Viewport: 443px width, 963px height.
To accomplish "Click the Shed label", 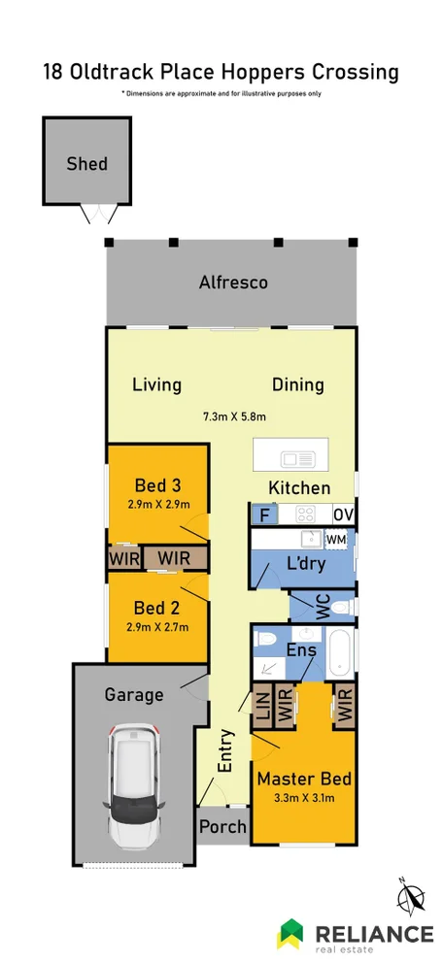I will point(86,164).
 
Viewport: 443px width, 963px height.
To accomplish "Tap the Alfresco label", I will point(233,283).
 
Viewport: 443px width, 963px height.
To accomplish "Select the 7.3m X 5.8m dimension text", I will point(234,416).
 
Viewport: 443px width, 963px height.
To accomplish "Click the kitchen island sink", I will point(291,458).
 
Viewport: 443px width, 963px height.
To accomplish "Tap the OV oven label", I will point(344,515).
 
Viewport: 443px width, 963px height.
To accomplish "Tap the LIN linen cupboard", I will point(262,705).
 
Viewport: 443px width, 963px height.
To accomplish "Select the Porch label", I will point(222,827).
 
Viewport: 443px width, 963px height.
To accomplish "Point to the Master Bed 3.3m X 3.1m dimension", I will point(303,799).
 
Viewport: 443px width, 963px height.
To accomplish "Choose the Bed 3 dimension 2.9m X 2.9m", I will point(157,504).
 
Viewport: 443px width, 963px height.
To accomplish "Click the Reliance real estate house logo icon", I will point(291,935).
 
